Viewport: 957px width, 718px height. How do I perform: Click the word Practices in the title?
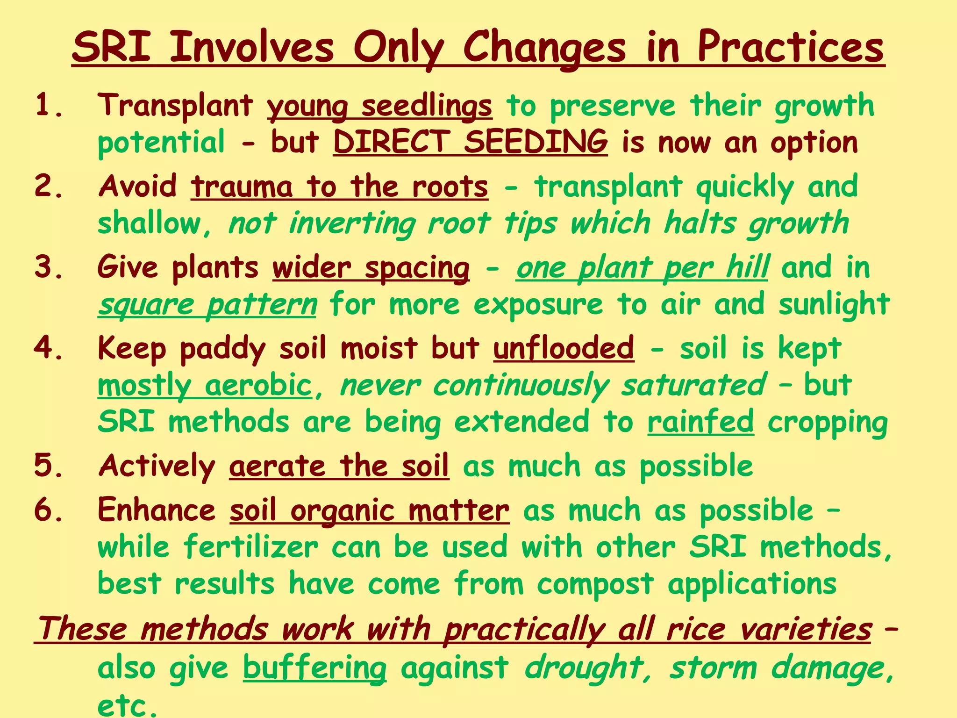[x=791, y=48]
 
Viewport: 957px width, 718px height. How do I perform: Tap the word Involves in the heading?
[x=252, y=48]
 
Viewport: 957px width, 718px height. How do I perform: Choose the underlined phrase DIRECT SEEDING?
[x=470, y=142]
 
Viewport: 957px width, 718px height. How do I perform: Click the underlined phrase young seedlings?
[x=379, y=107]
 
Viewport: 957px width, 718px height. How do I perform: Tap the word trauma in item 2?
[x=242, y=187]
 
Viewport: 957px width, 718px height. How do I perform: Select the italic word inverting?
[x=352, y=223]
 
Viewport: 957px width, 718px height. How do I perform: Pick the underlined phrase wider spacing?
[x=371, y=268]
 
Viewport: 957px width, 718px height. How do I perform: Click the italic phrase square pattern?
[x=207, y=305]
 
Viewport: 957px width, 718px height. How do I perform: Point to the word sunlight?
[x=834, y=305]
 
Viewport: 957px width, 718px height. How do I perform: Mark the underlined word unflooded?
[x=564, y=349]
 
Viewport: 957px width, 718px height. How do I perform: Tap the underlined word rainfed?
[x=700, y=422]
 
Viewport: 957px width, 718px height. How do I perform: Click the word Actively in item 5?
[x=157, y=467]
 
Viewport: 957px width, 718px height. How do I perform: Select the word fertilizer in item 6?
[x=251, y=547]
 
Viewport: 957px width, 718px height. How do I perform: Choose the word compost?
[x=595, y=584]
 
